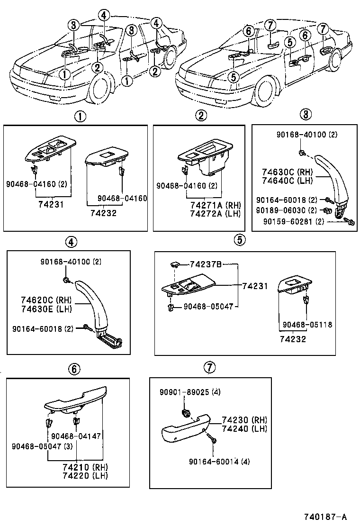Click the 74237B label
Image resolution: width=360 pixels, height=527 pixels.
point(206,264)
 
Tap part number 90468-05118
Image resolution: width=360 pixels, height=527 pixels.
point(307,325)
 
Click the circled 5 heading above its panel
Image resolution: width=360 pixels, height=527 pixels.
point(240,240)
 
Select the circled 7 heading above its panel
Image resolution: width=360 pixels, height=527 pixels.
point(210,367)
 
